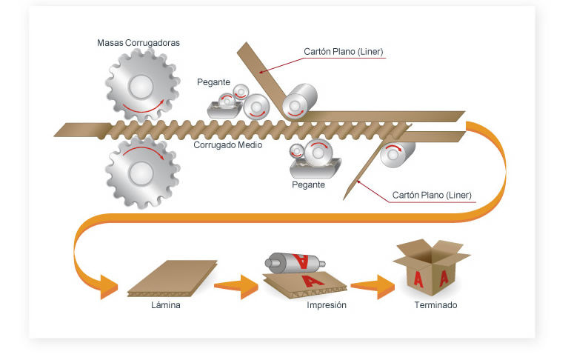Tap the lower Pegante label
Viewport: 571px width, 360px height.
click(308, 184)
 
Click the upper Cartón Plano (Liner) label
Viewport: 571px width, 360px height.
click(343, 52)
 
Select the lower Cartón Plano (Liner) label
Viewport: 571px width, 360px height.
click(432, 196)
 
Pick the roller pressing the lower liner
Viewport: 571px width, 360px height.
click(397, 154)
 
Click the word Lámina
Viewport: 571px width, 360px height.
click(166, 304)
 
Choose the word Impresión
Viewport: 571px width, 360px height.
click(327, 304)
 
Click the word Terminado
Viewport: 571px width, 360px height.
click(435, 304)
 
